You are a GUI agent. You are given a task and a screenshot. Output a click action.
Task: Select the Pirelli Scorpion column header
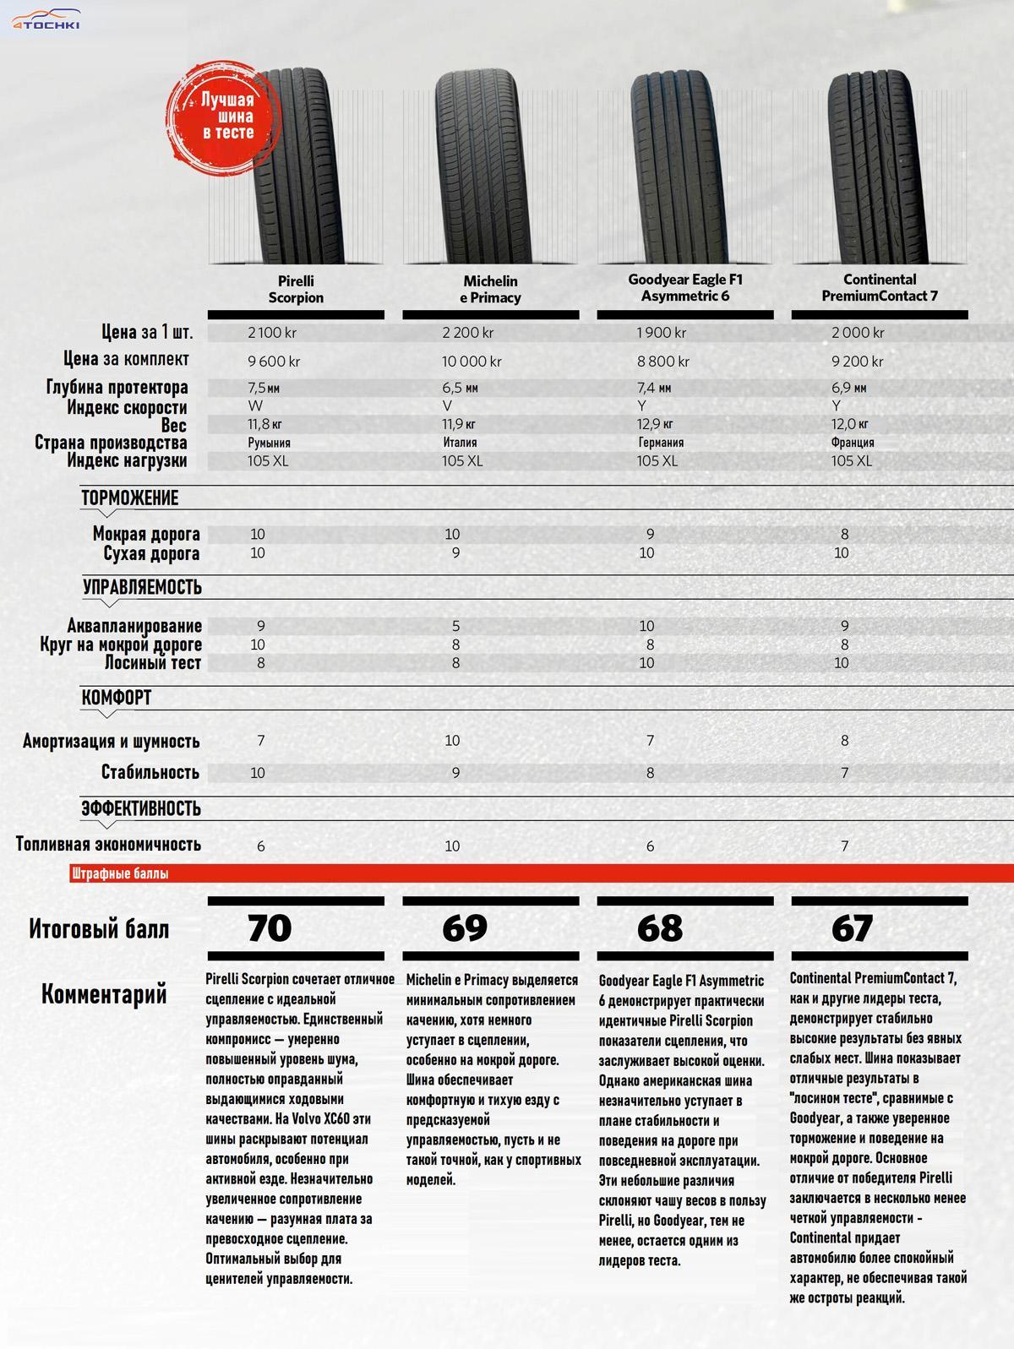[x=296, y=289]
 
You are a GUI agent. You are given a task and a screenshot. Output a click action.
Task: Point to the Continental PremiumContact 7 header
[x=880, y=287]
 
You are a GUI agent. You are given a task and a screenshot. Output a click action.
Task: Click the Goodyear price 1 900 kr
[x=662, y=333]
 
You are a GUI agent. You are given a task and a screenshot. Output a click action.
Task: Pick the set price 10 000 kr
[x=472, y=362]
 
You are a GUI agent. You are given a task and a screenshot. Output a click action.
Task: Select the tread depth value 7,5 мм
[x=262, y=388]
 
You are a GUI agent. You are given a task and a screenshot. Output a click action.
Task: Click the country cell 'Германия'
[x=661, y=442]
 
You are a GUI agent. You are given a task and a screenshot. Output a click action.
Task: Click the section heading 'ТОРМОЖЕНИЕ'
[x=130, y=498]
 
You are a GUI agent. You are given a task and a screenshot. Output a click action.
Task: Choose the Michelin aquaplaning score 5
[x=455, y=626]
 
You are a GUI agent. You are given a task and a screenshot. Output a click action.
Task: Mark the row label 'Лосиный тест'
[x=153, y=663]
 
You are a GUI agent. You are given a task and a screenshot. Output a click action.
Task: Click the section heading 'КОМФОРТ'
[x=117, y=698]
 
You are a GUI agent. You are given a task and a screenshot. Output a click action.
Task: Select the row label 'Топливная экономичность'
[x=108, y=845]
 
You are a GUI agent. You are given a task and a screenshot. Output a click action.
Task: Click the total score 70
[x=270, y=927]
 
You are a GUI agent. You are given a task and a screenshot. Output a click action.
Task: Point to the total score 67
[x=851, y=927]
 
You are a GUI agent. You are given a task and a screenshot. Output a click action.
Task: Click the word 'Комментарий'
[x=104, y=994]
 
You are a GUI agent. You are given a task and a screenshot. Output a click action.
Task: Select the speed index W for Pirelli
[x=255, y=406]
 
